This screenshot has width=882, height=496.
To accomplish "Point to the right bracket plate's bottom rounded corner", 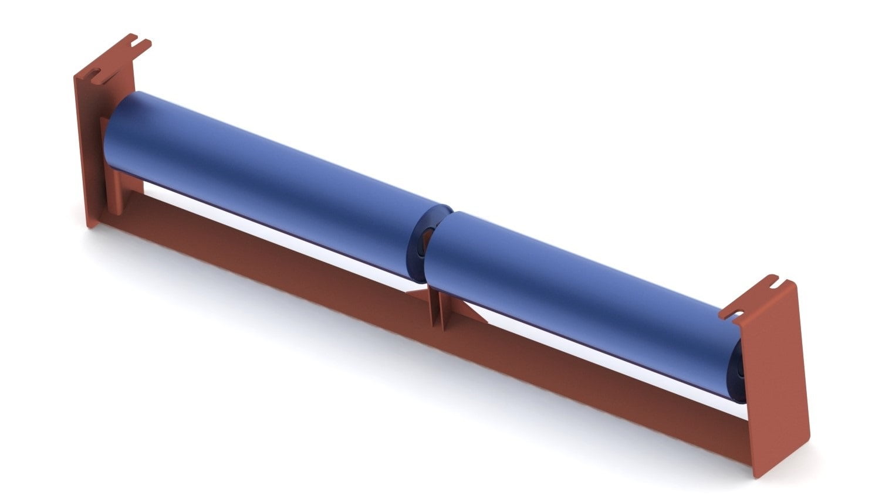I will [x=762, y=473].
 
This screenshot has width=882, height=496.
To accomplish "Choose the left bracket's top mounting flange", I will [x=117, y=59].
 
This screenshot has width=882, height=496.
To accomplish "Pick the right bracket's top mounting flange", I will [x=754, y=299].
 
